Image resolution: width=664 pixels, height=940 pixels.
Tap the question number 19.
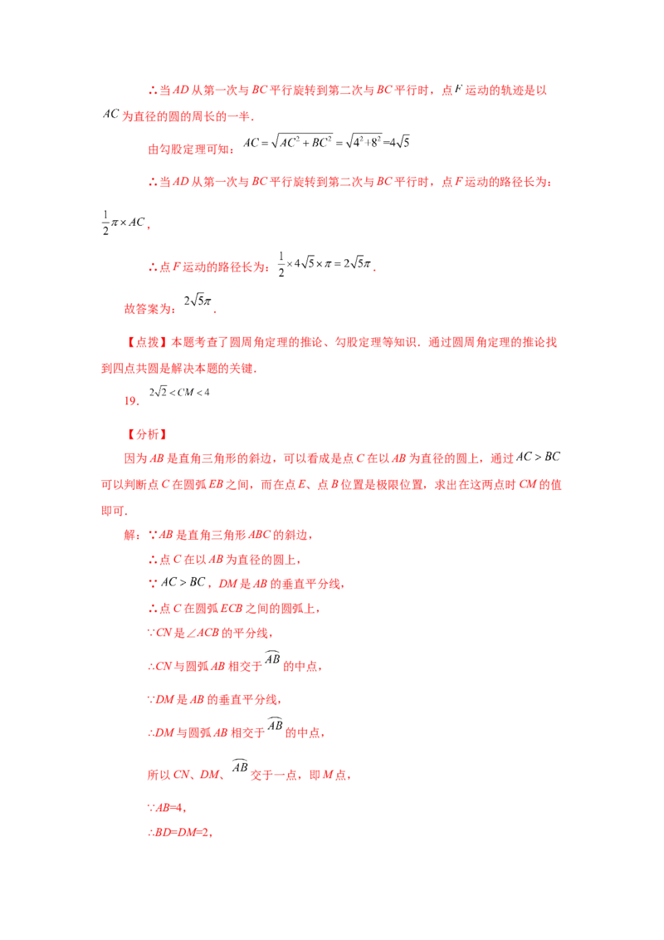(x=132, y=401)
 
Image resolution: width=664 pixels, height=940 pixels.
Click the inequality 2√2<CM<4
(x=179, y=392)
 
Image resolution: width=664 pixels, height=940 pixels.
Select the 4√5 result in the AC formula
(x=399, y=142)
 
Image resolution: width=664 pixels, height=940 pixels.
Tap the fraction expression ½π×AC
(x=124, y=223)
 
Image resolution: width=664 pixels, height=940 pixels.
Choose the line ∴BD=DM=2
(x=180, y=832)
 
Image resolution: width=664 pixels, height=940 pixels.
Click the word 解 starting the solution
(x=130, y=535)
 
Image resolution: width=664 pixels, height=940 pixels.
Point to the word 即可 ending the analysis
(x=113, y=511)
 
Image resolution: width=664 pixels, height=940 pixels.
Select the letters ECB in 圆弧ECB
(x=232, y=609)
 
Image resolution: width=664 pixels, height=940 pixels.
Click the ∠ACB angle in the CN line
(x=203, y=633)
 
